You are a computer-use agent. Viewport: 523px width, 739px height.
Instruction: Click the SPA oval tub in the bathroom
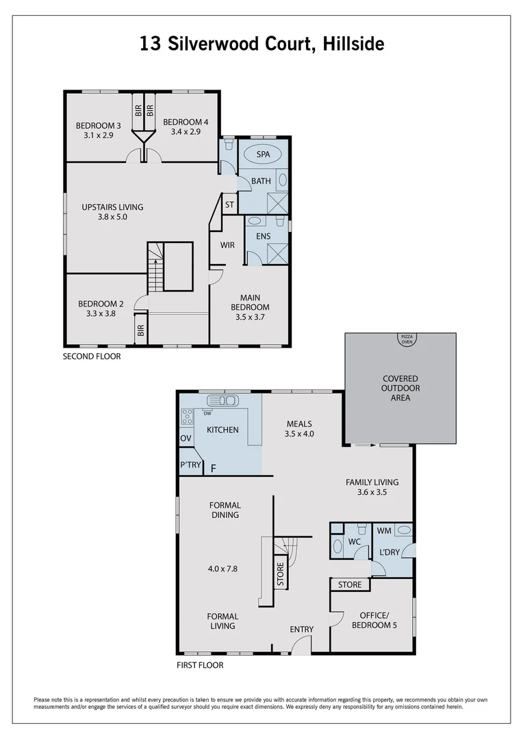pyautogui.click(x=264, y=155)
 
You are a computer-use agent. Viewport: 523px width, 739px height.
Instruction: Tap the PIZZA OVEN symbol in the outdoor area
pyautogui.click(x=407, y=339)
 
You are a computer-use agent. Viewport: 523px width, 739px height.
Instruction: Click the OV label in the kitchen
pyautogui.click(x=186, y=438)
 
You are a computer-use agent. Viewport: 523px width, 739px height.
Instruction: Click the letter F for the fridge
pyautogui.click(x=214, y=469)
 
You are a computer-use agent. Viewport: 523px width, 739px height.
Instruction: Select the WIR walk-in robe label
pyautogui.click(x=228, y=244)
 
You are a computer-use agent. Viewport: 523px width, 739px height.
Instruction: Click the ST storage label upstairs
pyautogui.click(x=229, y=205)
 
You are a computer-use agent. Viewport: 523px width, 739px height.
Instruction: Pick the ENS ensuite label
pyautogui.click(x=264, y=237)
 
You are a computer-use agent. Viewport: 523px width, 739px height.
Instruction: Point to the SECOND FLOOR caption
pyautogui.click(x=92, y=356)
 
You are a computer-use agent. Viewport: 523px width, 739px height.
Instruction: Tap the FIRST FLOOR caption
pyautogui.click(x=200, y=664)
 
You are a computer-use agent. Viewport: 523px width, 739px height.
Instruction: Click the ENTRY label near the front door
pyautogui.click(x=302, y=630)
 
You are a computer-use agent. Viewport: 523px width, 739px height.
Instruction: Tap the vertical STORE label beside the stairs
pyautogui.click(x=280, y=574)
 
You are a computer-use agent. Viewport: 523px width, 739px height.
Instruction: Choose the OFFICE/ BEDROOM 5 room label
pyautogui.click(x=374, y=621)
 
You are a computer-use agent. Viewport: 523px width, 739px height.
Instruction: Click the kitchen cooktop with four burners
pyautogui.click(x=186, y=416)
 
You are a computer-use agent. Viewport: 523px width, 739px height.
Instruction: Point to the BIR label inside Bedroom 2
pyautogui.click(x=140, y=330)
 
